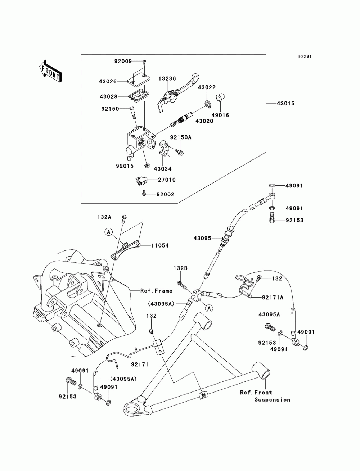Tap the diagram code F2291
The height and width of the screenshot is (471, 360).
pos(304,57)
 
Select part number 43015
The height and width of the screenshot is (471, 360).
pos(285,104)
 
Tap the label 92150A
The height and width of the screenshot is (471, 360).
pos(181,137)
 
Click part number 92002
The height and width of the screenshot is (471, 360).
pos(165,194)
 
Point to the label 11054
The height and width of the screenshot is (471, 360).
pos(160,245)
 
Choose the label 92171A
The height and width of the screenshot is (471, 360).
pos(273,297)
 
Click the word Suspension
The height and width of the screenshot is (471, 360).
pos(272,399)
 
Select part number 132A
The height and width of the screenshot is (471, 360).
pos(104,217)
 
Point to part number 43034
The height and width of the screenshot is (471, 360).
pos(163,169)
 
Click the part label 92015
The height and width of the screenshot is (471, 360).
pos(125,166)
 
